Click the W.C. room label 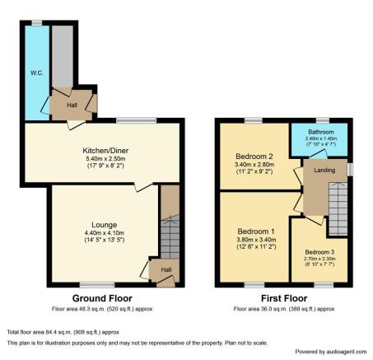(36, 73)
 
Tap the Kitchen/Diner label (105, 151)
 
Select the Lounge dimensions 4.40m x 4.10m (105, 233)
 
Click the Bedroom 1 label (256, 231)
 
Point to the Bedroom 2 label (254, 157)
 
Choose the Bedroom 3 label (319, 252)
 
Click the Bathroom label (321, 132)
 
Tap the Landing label (324, 171)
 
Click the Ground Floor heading (102, 298)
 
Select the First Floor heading (284, 298)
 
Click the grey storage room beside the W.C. (63, 56)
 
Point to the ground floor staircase (170, 236)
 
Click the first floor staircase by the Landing (338, 208)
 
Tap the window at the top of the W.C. (37, 23)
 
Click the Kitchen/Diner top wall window (136, 120)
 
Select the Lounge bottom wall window (97, 285)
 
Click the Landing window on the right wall (350, 169)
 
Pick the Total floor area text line (63, 332)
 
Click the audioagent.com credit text (331, 352)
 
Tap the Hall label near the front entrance (166, 269)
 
